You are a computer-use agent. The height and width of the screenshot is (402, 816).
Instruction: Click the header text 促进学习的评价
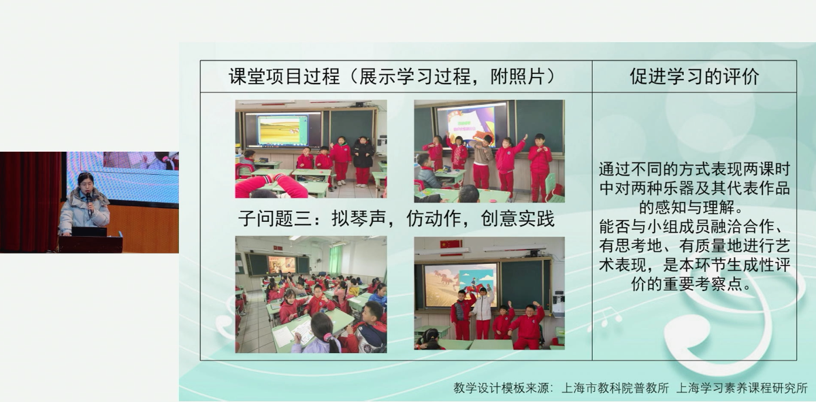[694, 76]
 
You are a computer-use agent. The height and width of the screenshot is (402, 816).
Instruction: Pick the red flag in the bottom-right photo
[451, 244]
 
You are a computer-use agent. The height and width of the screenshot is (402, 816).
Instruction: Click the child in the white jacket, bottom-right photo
[483, 312]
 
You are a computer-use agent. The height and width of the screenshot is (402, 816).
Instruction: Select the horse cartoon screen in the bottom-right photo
[460, 285]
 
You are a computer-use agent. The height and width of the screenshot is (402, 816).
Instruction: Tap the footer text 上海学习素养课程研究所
[742, 388]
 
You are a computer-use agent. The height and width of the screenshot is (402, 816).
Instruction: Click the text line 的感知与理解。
[694, 207]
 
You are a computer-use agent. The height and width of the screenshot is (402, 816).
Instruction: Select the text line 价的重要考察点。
[694, 284]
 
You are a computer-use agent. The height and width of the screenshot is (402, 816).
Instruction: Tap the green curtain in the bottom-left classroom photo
[336, 259]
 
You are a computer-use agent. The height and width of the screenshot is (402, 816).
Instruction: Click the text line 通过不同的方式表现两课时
[694, 169]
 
